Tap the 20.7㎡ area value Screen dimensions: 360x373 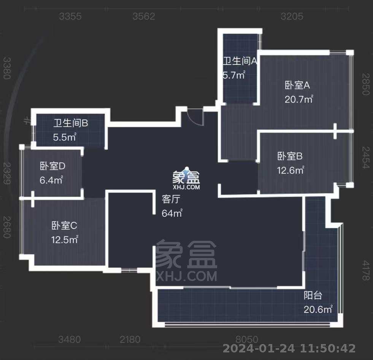(298, 99)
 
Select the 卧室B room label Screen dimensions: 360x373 (290, 156)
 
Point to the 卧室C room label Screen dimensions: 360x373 (64, 226)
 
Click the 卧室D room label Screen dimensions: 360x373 (53, 166)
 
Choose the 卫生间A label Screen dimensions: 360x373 (240, 61)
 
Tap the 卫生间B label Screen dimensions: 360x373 (70, 123)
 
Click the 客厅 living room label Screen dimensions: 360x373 (170, 199)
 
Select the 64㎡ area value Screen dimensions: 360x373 (172, 213)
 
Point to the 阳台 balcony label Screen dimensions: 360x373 (313, 295)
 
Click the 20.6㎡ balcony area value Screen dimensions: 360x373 (318, 309)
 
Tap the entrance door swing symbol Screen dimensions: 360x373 (196, 116)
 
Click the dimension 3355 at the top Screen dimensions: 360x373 (70, 16)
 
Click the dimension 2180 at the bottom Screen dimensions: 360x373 (130, 339)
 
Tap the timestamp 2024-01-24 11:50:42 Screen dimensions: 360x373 (289, 348)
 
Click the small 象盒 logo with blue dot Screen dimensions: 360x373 (186, 178)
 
